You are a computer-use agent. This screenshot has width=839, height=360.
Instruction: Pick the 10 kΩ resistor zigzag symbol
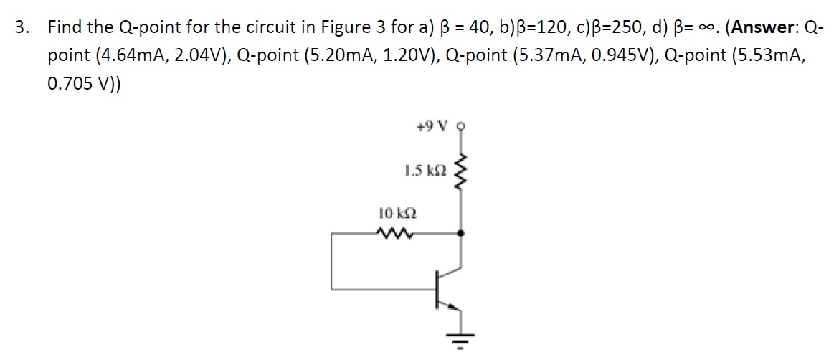point(393,232)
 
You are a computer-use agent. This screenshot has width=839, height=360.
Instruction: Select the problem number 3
point(22,28)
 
